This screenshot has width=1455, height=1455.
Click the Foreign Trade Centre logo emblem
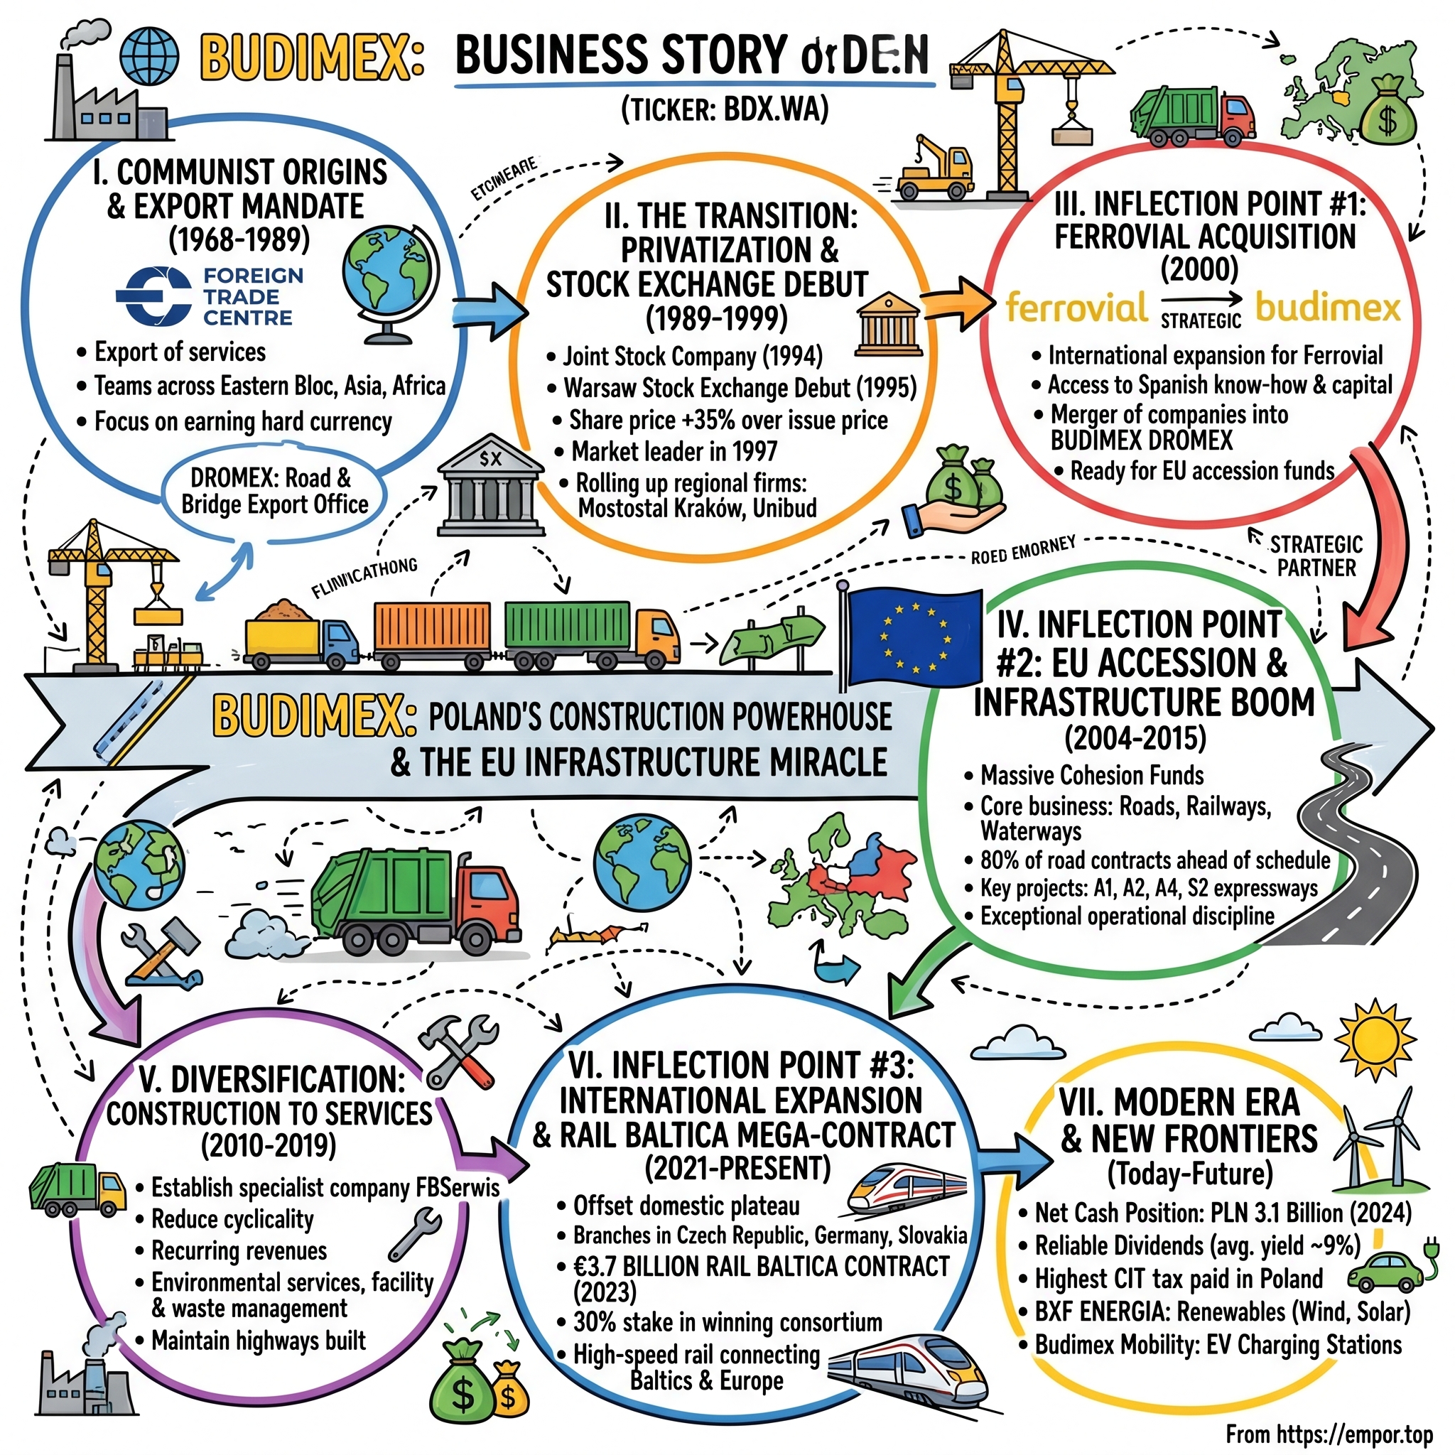pyautogui.click(x=153, y=296)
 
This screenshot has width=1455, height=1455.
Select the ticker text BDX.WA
pyautogui.click(x=775, y=111)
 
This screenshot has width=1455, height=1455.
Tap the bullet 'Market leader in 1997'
pyautogui.click(x=674, y=451)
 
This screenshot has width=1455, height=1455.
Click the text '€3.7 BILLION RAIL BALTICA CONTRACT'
pyautogui.click(x=761, y=1266)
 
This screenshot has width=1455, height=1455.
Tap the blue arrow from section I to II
pyautogui.click(x=490, y=309)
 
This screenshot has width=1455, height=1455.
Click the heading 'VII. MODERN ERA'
pyautogui.click(x=1179, y=1103)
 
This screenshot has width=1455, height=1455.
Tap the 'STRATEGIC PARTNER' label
pyautogui.click(x=1316, y=556)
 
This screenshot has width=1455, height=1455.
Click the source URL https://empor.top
pyautogui.click(x=1329, y=1433)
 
